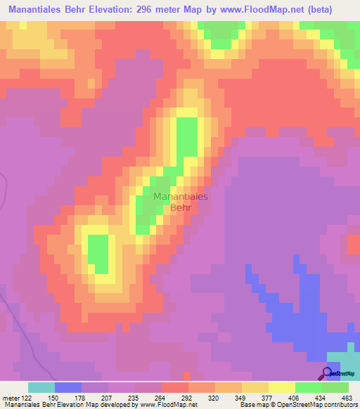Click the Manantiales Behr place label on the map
pos(180,202)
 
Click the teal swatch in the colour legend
pos(41,387)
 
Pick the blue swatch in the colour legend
pos(67,387)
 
